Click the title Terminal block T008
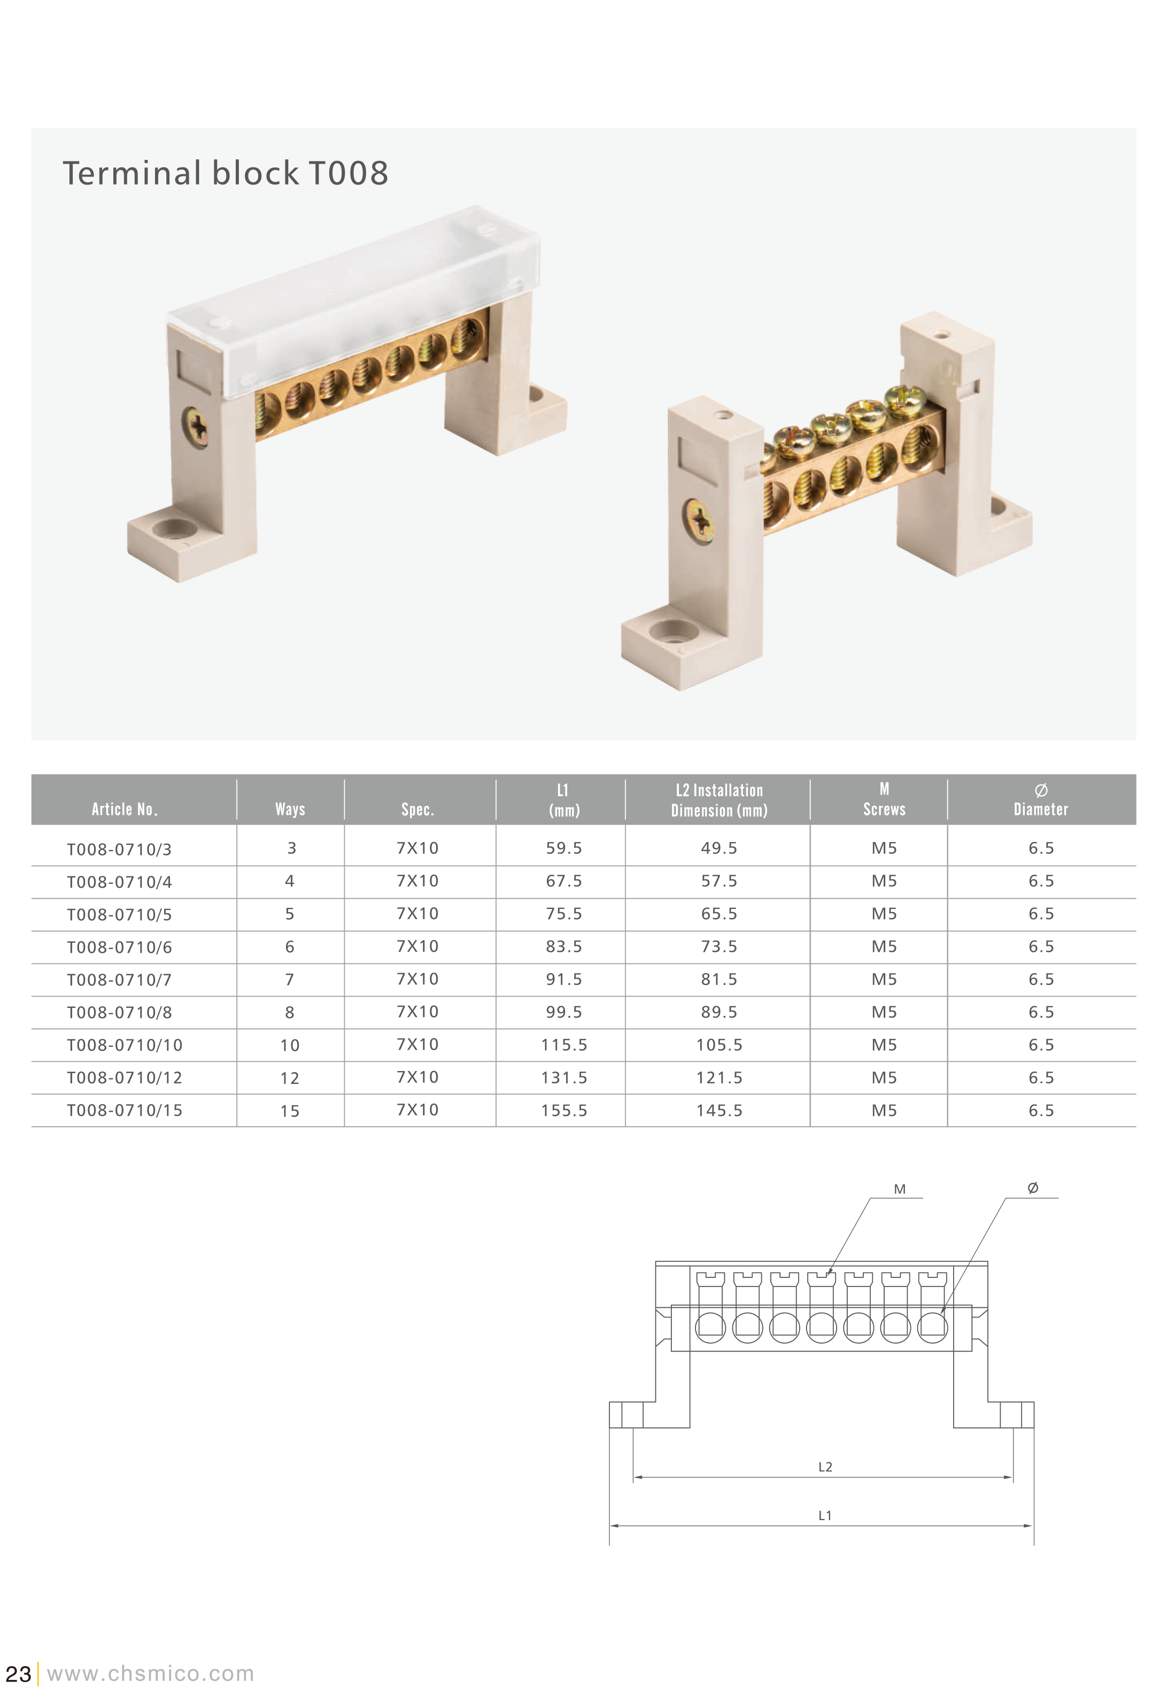pos(225,174)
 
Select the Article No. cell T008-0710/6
pos(119,947)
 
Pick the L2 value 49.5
pos(719,848)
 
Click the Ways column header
pos(290,809)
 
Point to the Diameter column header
pos(1040,801)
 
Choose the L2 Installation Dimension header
pos(719,800)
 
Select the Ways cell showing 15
pos(290,1111)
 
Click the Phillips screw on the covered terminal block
pos(196,427)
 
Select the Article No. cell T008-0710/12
pos(125,1078)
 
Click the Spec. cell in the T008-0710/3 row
pos(417,848)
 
